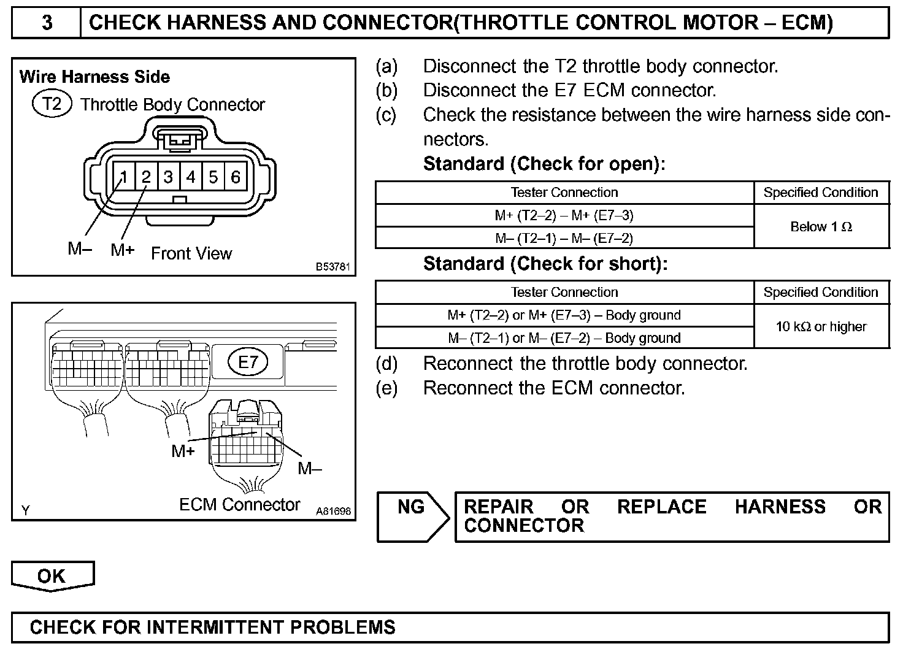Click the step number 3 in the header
(x=47, y=23)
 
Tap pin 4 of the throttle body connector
(x=191, y=177)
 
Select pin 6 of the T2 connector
(x=236, y=177)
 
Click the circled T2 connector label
(x=52, y=104)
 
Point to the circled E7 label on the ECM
(x=248, y=362)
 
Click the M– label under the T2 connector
(x=80, y=249)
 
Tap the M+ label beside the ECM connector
(x=183, y=451)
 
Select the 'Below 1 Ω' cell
(x=821, y=227)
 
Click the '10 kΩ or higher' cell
(x=821, y=326)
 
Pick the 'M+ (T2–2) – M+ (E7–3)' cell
(x=564, y=215)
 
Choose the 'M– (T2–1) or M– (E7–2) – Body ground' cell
(x=564, y=338)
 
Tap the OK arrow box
(x=52, y=576)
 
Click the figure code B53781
(x=333, y=267)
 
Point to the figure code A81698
(x=334, y=510)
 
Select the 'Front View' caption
(x=191, y=253)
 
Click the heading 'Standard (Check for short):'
(x=545, y=264)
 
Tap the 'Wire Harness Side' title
(x=94, y=77)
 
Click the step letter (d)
(x=386, y=364)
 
